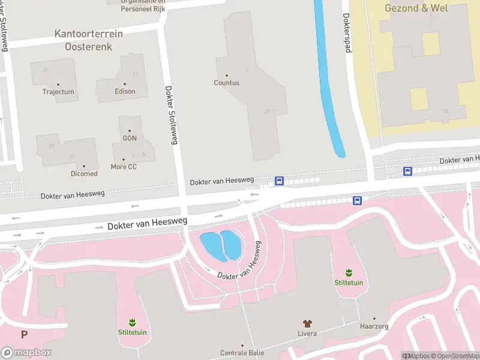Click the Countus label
226,83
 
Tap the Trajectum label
58,92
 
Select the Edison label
125,91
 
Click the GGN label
129,138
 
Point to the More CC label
124,166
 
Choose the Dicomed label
84,173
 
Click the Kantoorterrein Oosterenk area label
88,40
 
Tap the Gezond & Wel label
416,8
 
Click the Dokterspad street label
346,33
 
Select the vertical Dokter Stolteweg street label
171,114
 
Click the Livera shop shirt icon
307,323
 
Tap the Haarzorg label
374,327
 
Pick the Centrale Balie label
242,352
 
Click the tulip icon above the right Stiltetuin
349,273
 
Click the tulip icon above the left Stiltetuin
132,323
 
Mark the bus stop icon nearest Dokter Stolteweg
279,180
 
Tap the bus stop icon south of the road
357,200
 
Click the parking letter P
25,335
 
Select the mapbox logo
26,352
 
